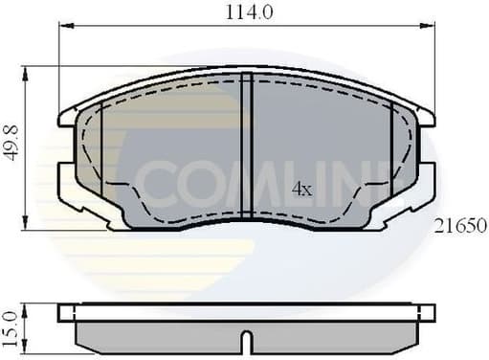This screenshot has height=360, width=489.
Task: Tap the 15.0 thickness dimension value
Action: tap(11, 326)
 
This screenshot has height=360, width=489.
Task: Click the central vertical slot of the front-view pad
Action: tap(247, 148)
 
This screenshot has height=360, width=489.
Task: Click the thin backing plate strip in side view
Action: tap(247, 312)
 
